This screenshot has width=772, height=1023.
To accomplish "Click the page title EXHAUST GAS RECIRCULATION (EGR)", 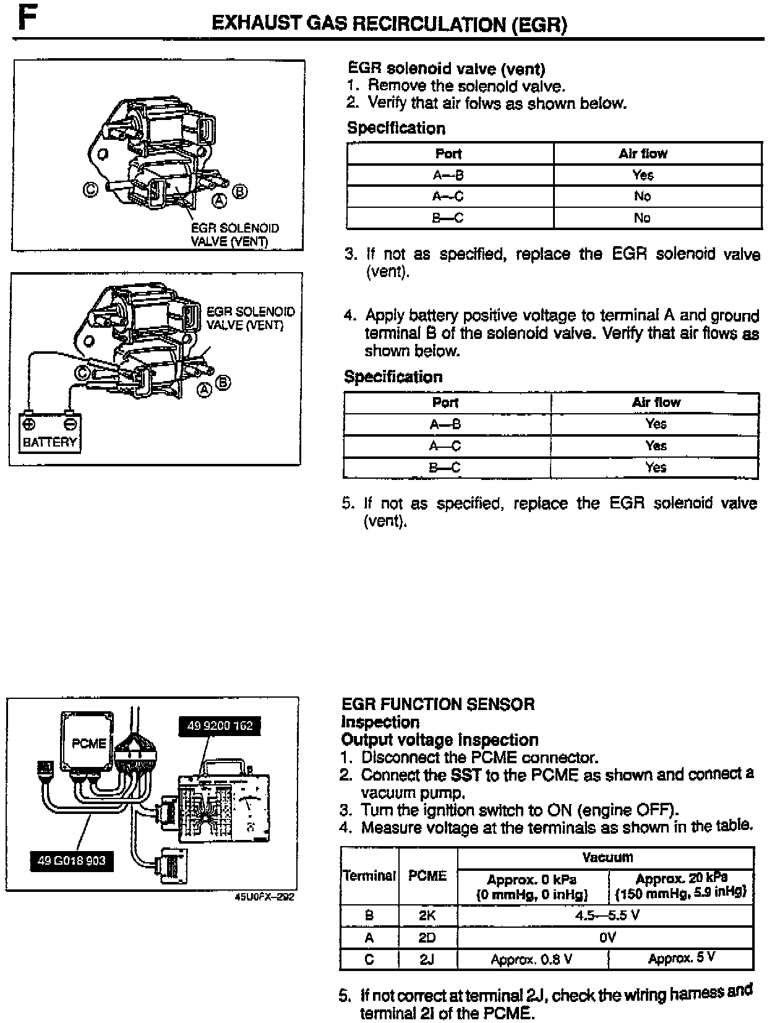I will pyautogui.click(x=388, y=24).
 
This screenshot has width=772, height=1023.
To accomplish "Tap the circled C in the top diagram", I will pyautogui.click(x=90, y=189).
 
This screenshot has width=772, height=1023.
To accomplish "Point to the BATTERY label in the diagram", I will pyautogui.click(x=49, y=442).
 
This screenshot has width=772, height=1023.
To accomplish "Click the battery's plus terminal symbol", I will pyautogui.click(x=28, y=424).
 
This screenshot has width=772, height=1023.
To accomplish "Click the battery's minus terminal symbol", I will pyautogui.click(x=71, y=424).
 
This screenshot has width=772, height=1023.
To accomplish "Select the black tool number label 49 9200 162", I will pyautogui.click(x=220, y=726).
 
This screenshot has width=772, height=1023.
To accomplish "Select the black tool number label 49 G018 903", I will pyautogui.click(x=72, y=860).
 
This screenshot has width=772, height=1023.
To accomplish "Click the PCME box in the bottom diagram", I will pyautogui.click(x=88, y=743).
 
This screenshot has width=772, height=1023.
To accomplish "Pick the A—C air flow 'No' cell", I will pyautogui.click(x=642, y=196).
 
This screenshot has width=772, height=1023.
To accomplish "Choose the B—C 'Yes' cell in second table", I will pyautogui.click(x=655, y=467).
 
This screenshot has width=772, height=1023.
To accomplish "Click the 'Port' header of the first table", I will pyautogui.click(x=448, y=153).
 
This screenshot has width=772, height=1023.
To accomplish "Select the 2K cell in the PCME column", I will pyautogui.click(x=427, y=915).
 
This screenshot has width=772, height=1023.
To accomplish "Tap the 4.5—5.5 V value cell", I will pyautogui.click(x=607, y=915).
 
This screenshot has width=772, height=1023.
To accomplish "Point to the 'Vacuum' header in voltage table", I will pyautogui.click(x=607, y=857).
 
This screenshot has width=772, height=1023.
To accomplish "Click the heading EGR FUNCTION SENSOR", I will pyautogui.click(x=438, y=704).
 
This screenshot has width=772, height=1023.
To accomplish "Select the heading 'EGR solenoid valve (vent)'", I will pyautogui.click(x=446, y=69).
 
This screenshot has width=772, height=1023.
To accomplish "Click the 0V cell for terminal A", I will pyautogui.click(x=607, y=938).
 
